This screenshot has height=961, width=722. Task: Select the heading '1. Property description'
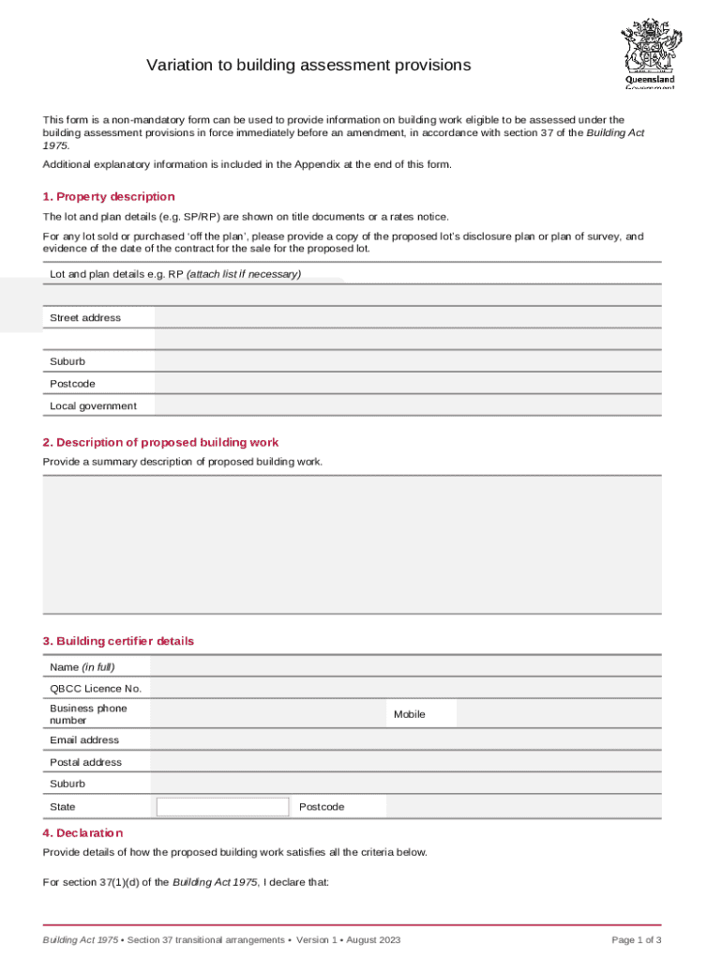[109, 196]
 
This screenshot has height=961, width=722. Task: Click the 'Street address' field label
[85, 317]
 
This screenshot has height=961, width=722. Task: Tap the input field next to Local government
[407, 405]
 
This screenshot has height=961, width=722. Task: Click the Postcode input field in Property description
[407, 383]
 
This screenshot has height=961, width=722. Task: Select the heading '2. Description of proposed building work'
[160, 442]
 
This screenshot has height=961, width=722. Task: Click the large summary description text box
[352, 544]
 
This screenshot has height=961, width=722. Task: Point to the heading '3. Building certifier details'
[118, 641]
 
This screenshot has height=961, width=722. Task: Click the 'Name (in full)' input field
[405, 666]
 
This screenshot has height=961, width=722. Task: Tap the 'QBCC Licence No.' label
[96, 689]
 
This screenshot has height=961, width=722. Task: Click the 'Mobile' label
[409, 714]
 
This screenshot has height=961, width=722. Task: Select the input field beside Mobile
[558, 714]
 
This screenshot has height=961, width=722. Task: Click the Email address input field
[405, 740]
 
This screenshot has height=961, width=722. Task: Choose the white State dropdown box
[223, 807]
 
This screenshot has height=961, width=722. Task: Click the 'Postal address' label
[85, 762]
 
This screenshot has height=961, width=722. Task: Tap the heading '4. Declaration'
[83, 832]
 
